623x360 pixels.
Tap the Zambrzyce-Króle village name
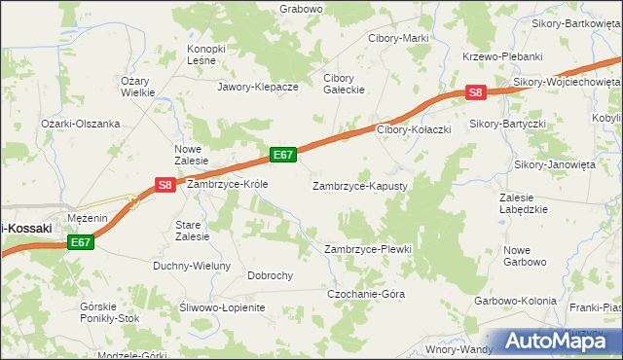coord(227,183)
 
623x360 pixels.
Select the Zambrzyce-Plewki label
coord(368,249)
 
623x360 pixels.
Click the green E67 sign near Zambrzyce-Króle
coord(283,155)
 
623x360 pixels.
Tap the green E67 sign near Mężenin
coord(81,242)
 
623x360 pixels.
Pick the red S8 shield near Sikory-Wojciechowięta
coord(474,93)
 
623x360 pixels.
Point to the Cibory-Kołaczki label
coord(413,129)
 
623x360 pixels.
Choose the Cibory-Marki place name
coord(397,38)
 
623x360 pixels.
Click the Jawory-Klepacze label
coord(257,87)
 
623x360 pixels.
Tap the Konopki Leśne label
coord(206,54)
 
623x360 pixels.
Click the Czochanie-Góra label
coord(365,293)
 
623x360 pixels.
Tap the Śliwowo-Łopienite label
coord(222,307)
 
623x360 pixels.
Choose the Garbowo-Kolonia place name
coord(516,301)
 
